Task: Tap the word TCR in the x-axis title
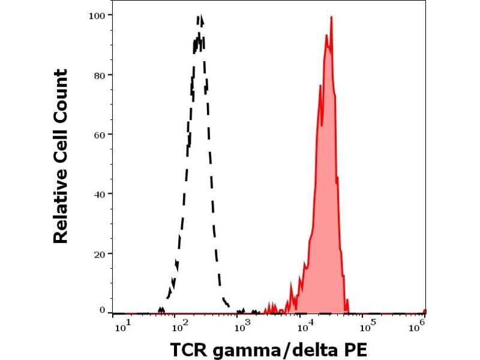pyautogui.click(x=189, y=349)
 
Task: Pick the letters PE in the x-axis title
pyautogui.click(x=353, y=349)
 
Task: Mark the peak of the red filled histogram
pyautogui.click(x=331, y=17)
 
